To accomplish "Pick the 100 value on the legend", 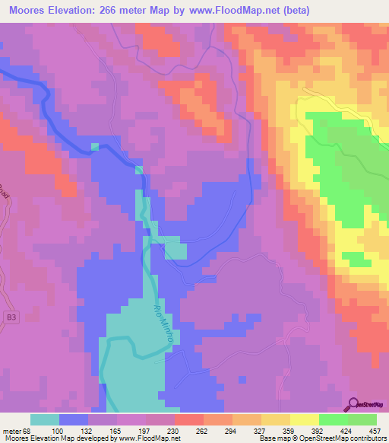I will click(x=77, y=430).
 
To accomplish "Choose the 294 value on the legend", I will click(x=223, y=430).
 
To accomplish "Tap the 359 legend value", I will click(x=273, y=430).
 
